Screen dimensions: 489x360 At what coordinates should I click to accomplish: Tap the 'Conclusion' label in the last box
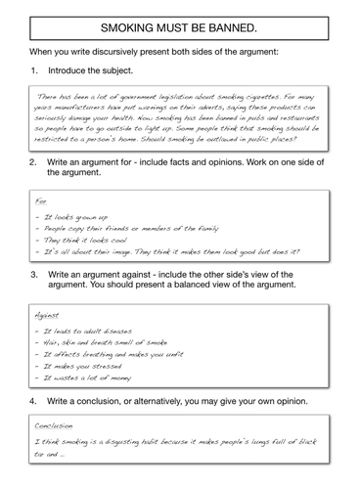[56, 425]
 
